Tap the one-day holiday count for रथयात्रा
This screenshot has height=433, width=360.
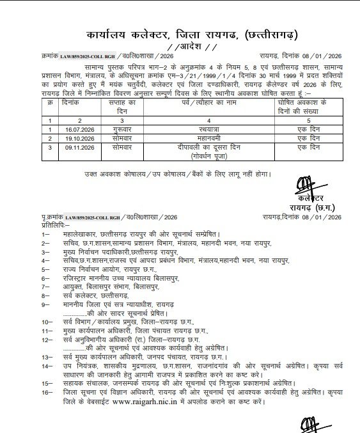pyautogui.click(x=302, y=128)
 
